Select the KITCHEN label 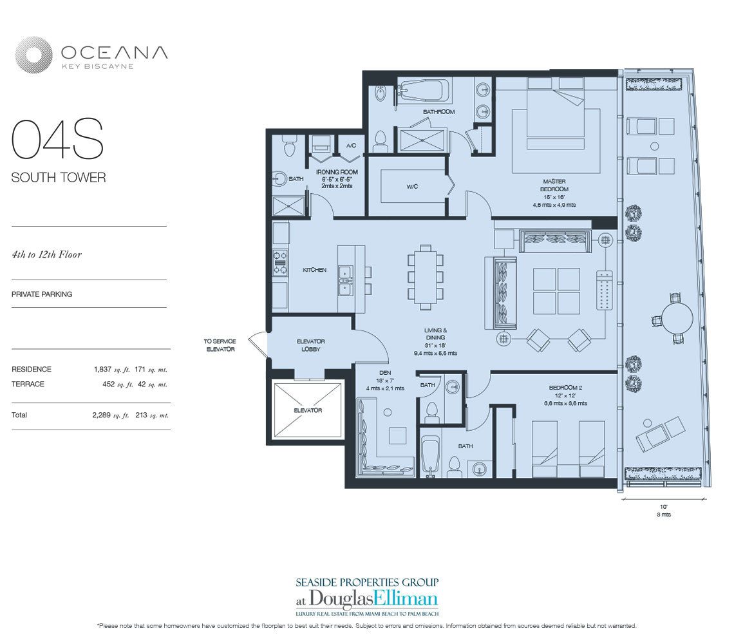click(314, 270)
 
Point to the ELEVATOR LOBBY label click(310, 345)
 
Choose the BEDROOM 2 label click(567, 387)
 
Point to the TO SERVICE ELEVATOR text click(220, 345)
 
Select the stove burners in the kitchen click(280, 258)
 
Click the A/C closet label click(351, 146)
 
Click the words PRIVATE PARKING click(42, 294)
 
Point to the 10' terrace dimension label click(663, 507)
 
